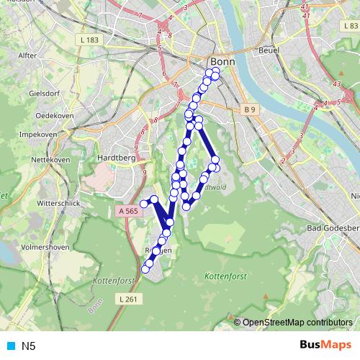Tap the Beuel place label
(269, 51)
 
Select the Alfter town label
(27, 55)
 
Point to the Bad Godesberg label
(332, 228)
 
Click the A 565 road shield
(125, 210)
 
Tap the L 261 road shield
(126, 298)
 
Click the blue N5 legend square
(10, 346)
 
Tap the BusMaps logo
(320, 345)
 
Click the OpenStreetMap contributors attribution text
(297, 322)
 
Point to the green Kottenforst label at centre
(225, 276)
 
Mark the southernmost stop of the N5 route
(145, 269)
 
